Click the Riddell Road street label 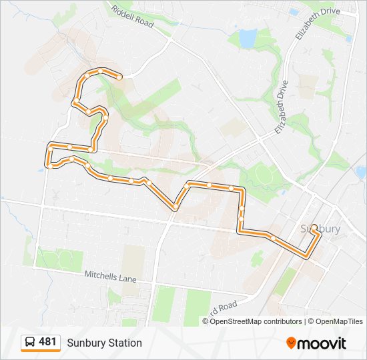pos(133,18)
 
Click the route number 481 pos(47,342)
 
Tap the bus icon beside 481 pos(30,343)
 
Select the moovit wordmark pos(322,343)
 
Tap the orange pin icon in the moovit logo pos(292,343)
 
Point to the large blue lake pos(248,39)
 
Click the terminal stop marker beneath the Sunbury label pos(314,228)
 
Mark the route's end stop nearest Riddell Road pos(119,77)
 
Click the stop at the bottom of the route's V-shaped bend pos(175,209)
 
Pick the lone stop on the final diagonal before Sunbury pos(274,238)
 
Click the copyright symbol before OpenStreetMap pos(206,321)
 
